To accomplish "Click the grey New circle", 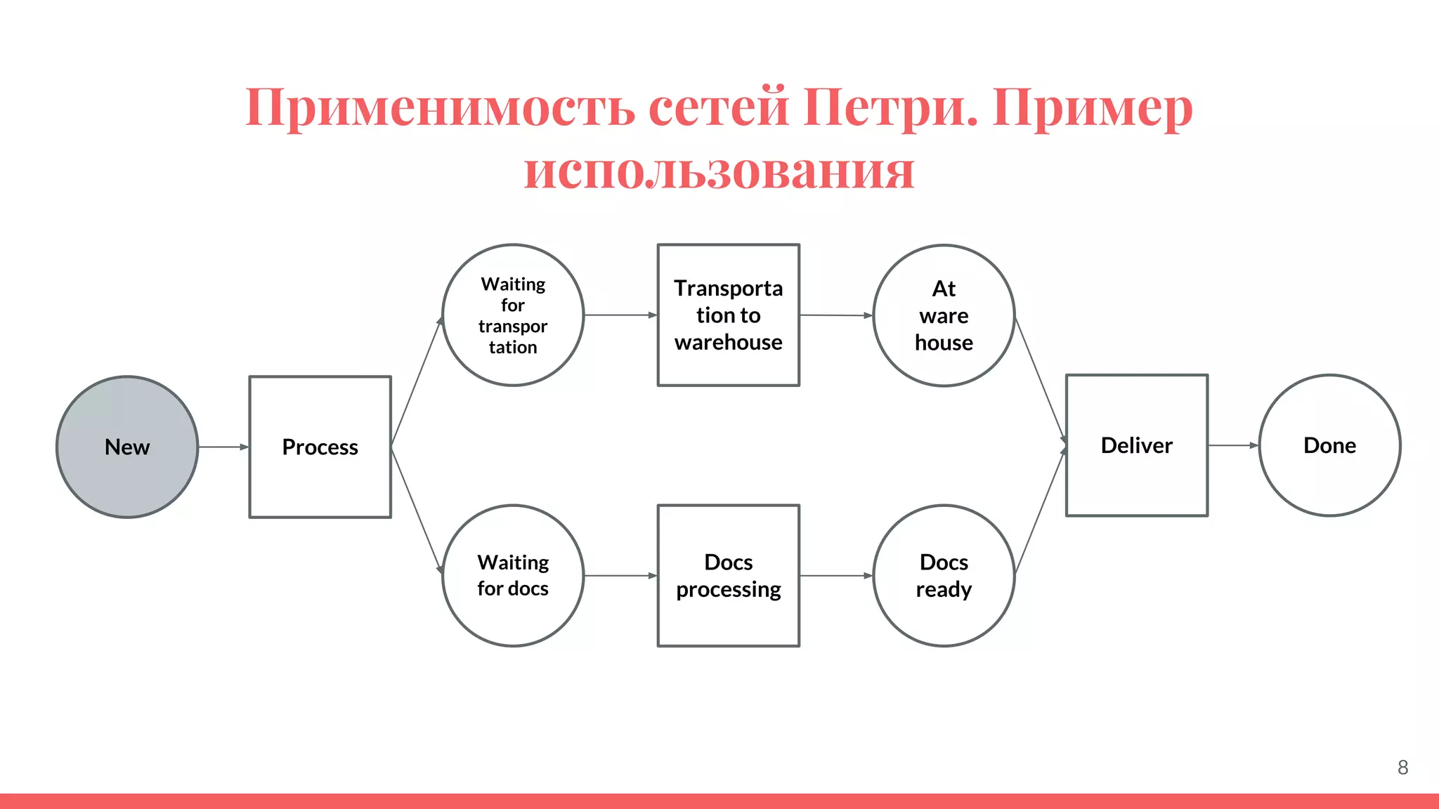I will point(127,447).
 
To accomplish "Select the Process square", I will point(320,447).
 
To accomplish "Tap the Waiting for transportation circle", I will point(513,315).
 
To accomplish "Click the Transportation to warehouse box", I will point(729,315).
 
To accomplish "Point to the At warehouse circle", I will point(944,315).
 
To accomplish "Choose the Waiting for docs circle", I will point(513,575).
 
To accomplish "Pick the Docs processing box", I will point(729,575).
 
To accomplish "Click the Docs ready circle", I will point(944,575).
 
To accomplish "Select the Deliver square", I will point(1137,445).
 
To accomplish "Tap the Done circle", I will point(1329,445).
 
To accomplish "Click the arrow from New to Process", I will point(223,447).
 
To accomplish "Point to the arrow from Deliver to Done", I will point(1233,445).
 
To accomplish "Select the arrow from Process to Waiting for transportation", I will point(417,381).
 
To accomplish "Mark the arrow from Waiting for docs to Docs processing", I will point(620,576).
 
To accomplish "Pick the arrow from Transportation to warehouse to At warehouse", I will point(836,315).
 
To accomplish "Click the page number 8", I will point(1402,768).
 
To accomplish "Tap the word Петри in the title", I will point(890,107).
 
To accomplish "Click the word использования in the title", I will point(719,170).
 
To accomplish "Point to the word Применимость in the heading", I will point(440,107).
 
